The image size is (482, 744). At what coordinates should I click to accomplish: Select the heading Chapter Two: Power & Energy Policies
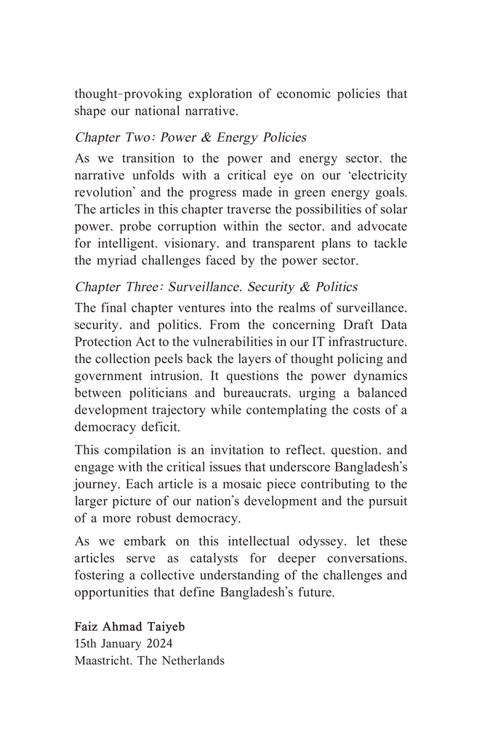(190, 137)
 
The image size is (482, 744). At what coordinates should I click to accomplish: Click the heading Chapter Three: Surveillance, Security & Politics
(216, 287)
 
